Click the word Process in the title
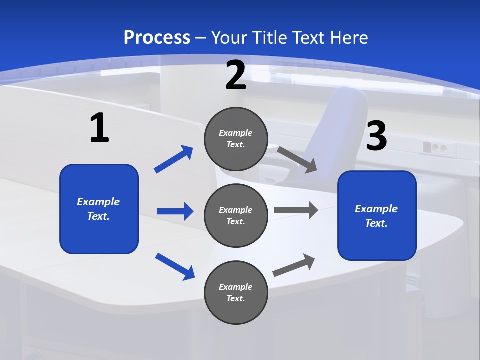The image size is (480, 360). (x=157, y=37)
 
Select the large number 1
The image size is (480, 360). (x=99, y=128)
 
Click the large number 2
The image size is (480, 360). (x=236, y=75)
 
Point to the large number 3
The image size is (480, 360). (x=377, y=136)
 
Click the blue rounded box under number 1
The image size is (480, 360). (x=99, y=209)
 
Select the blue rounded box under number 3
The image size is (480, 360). (x=377, y=216)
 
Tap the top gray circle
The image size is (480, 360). (x=236, y=139)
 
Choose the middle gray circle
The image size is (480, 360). (x=236, y=216)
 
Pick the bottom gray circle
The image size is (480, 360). (x=236, y=293)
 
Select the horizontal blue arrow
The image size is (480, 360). (x=175, y=211)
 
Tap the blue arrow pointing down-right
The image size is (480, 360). (x=175, y=266)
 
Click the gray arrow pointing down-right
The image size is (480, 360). (x=297, y=160)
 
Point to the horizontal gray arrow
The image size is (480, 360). (x=296, y=210)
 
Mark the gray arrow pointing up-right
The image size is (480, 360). (x=294, y=265)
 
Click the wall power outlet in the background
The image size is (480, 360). (x=434, y=148)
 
